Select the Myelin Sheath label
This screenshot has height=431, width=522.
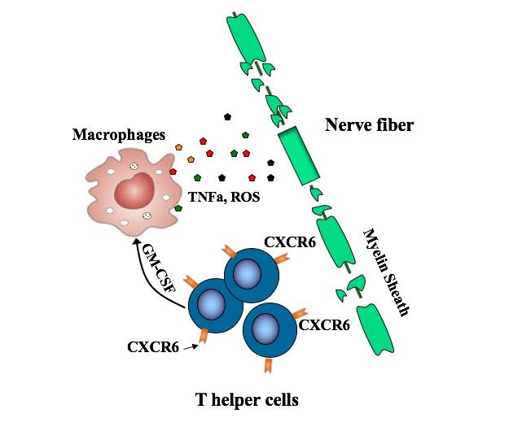point(384,272)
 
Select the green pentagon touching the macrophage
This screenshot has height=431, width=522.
point(178,208)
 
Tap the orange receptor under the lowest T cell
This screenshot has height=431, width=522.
point(268,365)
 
